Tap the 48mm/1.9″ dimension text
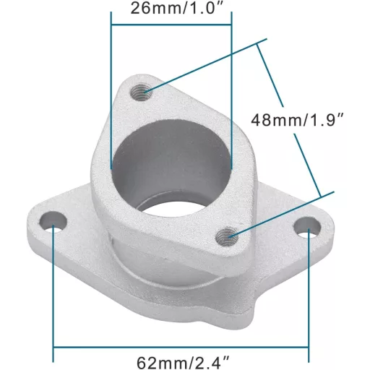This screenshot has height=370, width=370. [x=297, y=120]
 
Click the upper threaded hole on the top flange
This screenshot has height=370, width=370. [x=142, y=91]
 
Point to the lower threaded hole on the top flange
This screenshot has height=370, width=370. [x=227, y=237]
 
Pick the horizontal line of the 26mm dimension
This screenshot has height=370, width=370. [x=171, y=25]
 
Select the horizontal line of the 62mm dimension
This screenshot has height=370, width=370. [x=181, y=347]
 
